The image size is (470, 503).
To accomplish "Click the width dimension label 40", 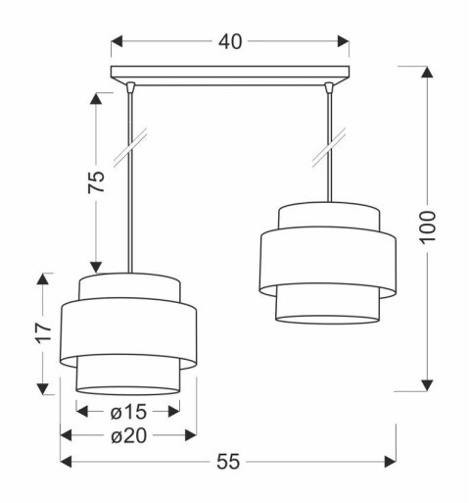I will pos(231,41).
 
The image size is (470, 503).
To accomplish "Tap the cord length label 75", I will pos(96,181).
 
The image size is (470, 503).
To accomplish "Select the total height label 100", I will pos(438,228).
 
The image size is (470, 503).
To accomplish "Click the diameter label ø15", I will pos(127,411).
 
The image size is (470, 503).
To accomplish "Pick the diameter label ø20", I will pos(128,435).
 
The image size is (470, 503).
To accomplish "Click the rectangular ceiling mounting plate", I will pos(231,73).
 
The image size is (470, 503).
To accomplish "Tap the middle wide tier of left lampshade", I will pos(129,334).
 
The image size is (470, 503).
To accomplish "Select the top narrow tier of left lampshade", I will pos(129,285).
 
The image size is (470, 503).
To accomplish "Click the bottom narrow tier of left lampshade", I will pos(129,378).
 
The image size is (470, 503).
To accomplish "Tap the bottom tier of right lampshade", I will pos(328,305).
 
